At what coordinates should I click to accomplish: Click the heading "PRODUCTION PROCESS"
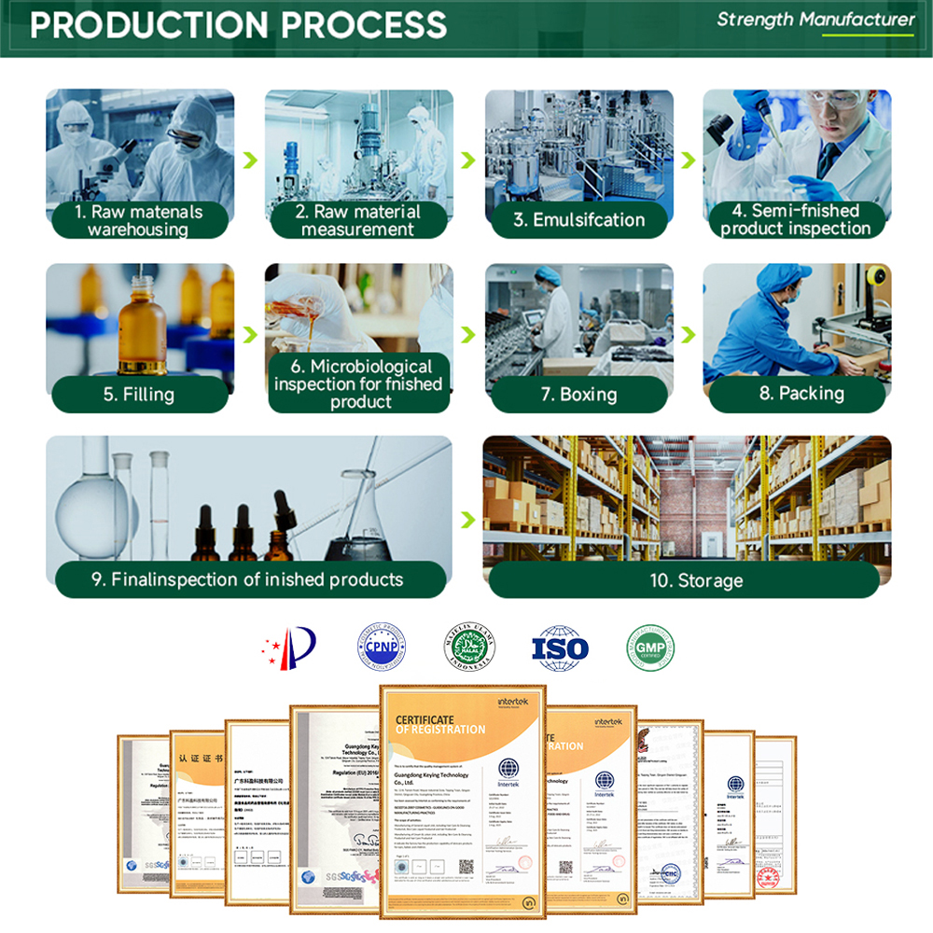point(238,25)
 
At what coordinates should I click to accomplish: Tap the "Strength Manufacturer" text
point(815,20)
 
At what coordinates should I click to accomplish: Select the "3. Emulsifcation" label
point(579,220)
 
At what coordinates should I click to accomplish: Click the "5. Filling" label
point(139,394)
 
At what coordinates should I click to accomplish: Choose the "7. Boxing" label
point(579,394)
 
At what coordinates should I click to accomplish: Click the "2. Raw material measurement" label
point(357,220)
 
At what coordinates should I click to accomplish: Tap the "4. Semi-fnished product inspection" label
point(796,220)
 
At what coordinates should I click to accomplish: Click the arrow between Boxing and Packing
point(688,335)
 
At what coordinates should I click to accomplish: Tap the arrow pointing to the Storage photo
point(467,515)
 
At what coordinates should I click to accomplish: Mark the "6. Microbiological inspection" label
point(359,383)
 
